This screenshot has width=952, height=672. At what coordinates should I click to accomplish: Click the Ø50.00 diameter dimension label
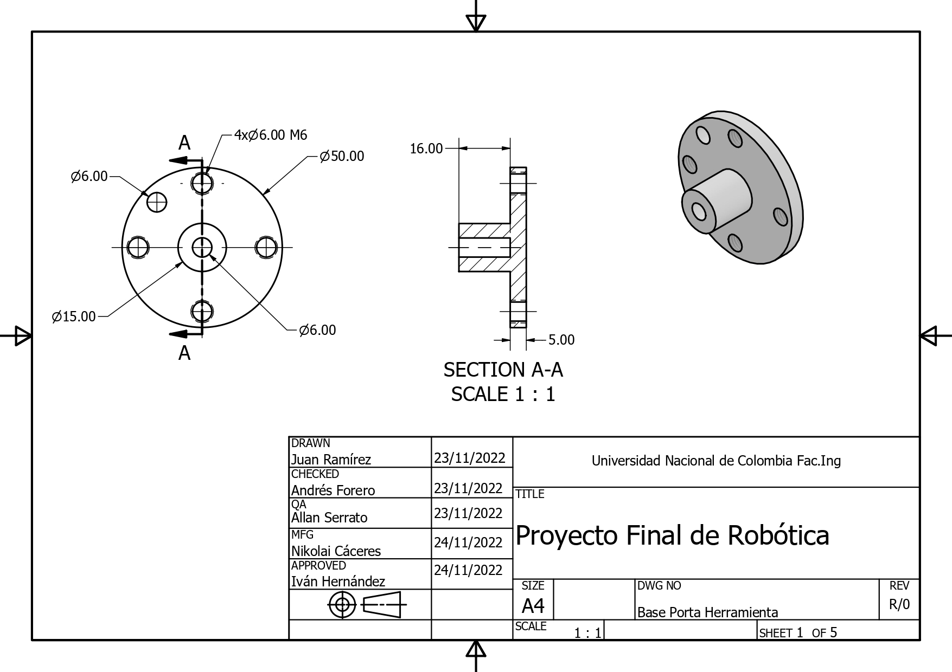pyautogui.click(x=342, y=156)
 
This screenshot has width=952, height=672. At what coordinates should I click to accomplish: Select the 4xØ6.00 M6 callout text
pyautogui.click(x=270, y=135)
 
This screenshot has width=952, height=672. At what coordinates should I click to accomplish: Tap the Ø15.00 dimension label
pyautogui.click(x=74, y=316)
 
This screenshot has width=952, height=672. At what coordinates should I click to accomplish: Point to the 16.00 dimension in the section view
pyautogui.click(x=426, y=148)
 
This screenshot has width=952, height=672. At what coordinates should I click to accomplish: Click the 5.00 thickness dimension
pyautogui.click(x=561, y=340)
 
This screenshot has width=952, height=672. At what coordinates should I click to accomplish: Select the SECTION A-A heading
pyautogui.click(x=503, y=370)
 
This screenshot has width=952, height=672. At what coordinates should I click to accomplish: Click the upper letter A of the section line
pyautogui.click(x=184, y=143)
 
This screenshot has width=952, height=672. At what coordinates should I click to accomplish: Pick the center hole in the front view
pyautogui.click(x=202, y=248)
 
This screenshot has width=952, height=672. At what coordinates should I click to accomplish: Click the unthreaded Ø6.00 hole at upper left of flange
pyautogui.click(x=157, y=202)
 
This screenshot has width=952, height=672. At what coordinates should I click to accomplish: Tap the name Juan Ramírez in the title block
pyautogui.click(x=331, y=460)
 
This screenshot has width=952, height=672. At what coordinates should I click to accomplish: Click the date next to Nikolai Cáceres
pyautogui.click(x=468, y=542)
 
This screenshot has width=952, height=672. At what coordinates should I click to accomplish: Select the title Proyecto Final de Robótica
pyautogui.click(x=672, y=535)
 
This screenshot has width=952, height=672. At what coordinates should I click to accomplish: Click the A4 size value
pyautogui.click(x=533, y=605)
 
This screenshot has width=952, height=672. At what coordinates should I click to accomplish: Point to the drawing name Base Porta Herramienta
pyautogui.click(x=707, y=612)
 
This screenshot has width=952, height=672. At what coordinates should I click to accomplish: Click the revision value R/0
pyautogui.click(x=899, y=604)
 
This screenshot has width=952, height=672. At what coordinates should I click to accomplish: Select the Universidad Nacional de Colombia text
pyautogui.click(x=715, y=461)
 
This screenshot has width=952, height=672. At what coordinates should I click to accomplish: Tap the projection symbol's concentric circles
pyautogui.click(x=342, y=604)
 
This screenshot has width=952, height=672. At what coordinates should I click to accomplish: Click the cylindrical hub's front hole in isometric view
pyautogui.click(x=698, y=210)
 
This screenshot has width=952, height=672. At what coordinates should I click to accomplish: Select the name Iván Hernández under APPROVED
pyautogui.click(x=338, y=581)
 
